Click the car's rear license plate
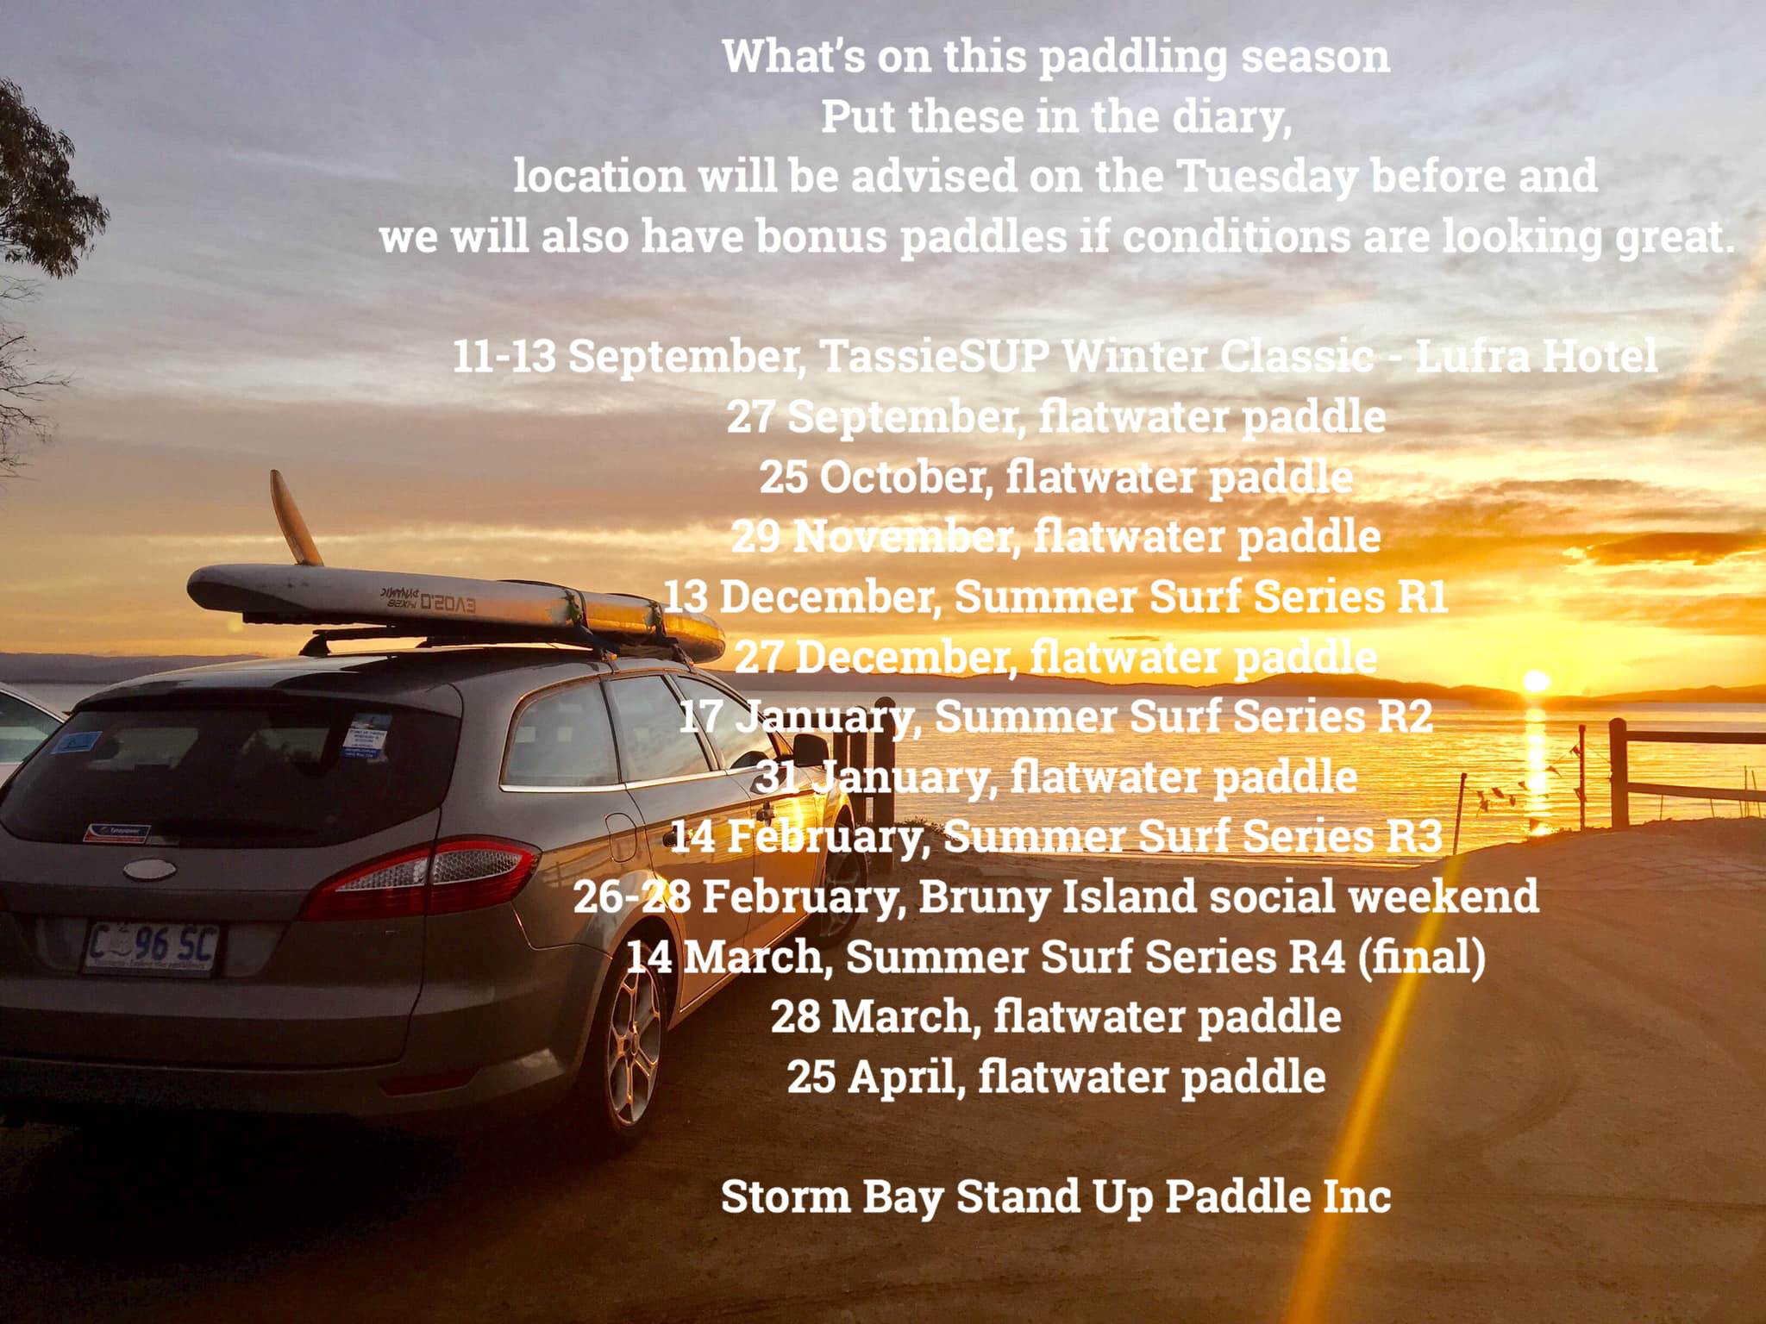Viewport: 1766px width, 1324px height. coord(151,949)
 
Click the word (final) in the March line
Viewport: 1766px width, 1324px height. coord(1422,957)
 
